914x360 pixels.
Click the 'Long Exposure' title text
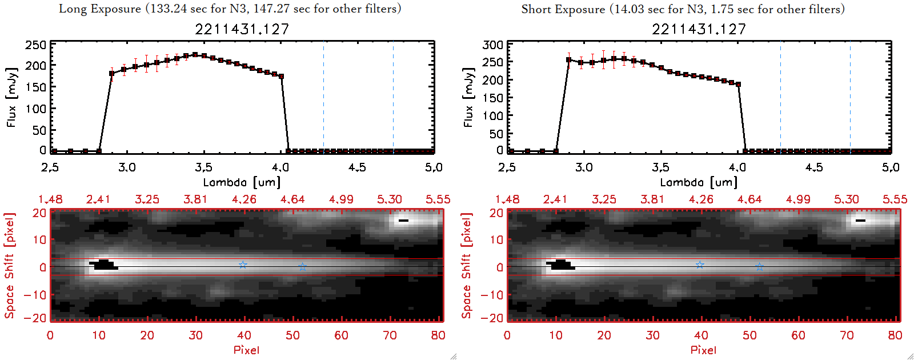100,9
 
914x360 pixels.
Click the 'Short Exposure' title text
563,9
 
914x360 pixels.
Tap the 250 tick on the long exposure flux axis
36,45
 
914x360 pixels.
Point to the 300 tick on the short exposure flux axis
493,45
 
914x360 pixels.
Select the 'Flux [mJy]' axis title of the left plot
11,97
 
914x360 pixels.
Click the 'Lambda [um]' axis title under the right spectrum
699,182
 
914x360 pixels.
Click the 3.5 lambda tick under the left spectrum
203,167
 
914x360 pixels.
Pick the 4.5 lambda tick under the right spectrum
814,167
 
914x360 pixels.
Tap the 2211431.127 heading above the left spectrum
242,29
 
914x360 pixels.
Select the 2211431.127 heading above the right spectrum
699,29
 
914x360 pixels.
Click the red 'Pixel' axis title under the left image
246,350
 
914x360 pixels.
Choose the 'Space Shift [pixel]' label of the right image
467,266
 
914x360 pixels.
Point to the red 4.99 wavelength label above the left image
341,199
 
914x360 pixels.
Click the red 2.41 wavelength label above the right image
555,199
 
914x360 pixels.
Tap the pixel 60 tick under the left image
341,335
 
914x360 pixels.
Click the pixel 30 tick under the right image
652,335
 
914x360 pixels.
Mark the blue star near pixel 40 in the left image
243,265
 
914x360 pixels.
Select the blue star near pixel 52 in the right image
759,267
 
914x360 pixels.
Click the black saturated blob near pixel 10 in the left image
103,265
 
